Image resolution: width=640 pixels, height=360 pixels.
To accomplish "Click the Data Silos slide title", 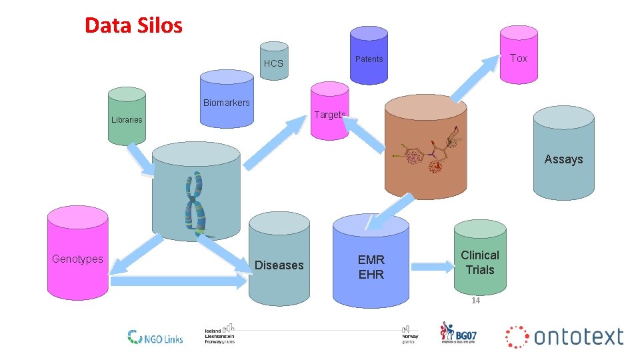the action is pos(133,26).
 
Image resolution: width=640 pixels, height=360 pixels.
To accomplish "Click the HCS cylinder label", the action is pos(273,64).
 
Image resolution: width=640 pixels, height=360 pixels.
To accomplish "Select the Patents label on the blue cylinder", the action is pos(369,59).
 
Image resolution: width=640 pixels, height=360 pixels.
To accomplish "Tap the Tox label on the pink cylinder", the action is pos(518,58).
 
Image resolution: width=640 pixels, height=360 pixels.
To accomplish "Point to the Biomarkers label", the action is pos(226,103).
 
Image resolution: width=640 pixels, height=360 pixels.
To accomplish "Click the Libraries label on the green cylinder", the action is pos(127,120).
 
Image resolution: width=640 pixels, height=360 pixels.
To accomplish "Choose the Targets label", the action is pos(329,115).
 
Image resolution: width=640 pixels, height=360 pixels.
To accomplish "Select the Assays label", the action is pos(563,159).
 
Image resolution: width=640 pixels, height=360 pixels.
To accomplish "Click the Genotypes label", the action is pos(77,259).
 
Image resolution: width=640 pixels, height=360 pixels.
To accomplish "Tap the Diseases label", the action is pos(279,265).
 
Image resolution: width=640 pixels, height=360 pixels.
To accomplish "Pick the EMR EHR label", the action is pos(371,267).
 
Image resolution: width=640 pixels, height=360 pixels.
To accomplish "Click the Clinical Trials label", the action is pos(480,263).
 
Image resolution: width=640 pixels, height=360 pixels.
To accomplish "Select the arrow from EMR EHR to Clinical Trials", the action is pos(431,267).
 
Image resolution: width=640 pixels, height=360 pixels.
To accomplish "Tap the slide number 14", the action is pos(475,301).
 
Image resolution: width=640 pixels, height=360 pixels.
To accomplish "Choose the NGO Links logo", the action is pos(155,337).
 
